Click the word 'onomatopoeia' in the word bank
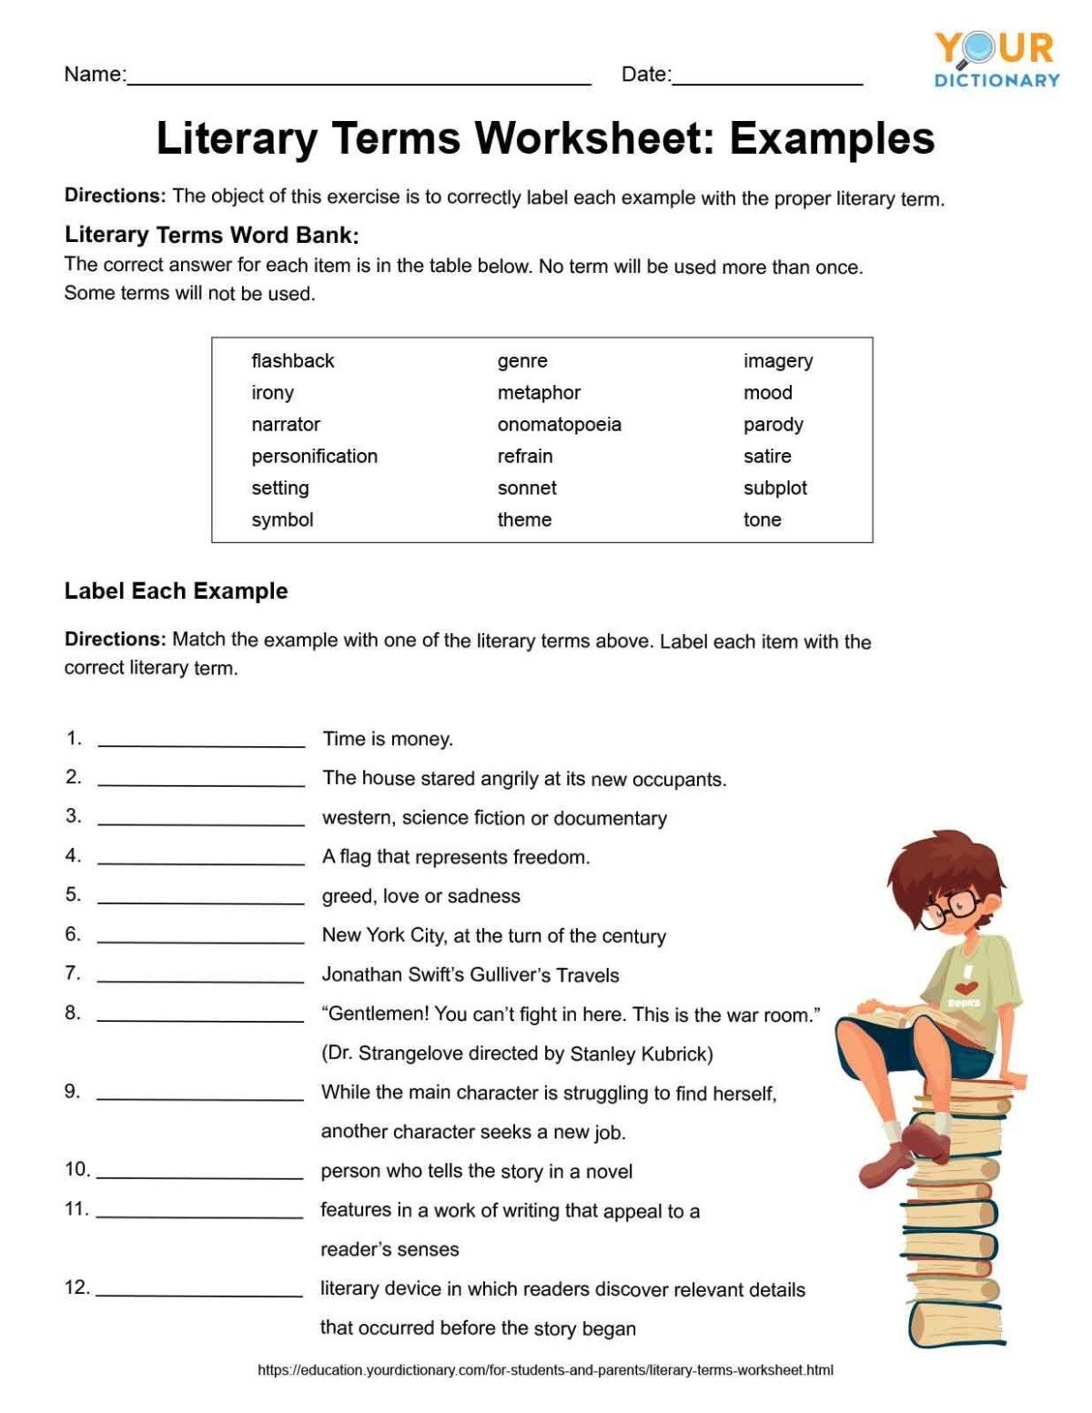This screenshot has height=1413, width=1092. coord(559,425)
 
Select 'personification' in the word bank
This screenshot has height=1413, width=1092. coord(314,457)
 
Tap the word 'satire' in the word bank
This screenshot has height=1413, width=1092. coord(767,457)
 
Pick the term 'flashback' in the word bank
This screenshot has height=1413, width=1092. coord(292,361)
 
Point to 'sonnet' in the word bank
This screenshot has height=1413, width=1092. coord(527,489)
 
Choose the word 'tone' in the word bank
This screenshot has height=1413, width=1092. coord(762,520)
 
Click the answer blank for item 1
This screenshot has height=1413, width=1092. coord(201,741)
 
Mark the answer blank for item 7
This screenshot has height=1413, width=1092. coord(201,976)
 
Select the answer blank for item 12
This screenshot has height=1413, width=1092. coord(199,1290)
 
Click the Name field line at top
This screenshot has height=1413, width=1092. coord(359,78)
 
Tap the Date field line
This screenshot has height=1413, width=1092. coord(767,78)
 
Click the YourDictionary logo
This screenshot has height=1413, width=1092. coord(996,58)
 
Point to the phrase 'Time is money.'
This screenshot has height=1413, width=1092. coord(388,739)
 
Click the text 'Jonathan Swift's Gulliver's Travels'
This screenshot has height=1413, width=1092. coord(470,975)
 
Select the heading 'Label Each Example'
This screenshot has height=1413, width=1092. coord(176,591)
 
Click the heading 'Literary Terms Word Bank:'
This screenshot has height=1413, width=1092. coord(211,236)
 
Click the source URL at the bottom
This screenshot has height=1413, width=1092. coord(545,1370)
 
